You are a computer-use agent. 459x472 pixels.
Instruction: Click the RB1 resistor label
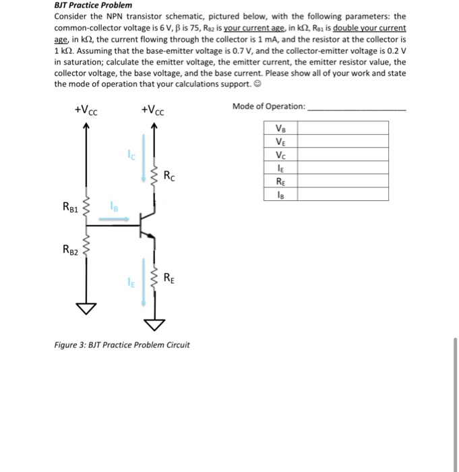[71, 208]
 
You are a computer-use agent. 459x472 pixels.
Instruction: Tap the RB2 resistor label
[71, 252]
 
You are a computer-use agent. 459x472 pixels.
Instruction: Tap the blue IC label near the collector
[132, 157]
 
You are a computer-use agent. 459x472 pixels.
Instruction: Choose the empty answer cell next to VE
[342, 141]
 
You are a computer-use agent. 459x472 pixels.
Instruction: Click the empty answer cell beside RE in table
[342, 181]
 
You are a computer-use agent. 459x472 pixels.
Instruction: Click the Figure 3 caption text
[122, 345]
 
